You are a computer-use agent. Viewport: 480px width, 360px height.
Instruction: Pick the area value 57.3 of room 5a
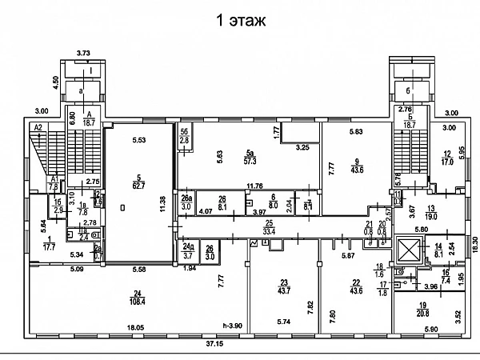pyautogui.click(x=251, y=162)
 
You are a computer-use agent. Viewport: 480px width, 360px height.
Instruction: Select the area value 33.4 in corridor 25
pyautogui.click(x=270, y=232)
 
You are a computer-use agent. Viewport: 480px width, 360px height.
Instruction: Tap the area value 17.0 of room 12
pyautogui.click(x=447, y=162)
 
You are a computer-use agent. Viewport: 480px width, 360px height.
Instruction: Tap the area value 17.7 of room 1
pyautogui.click(x=50, y=248)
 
